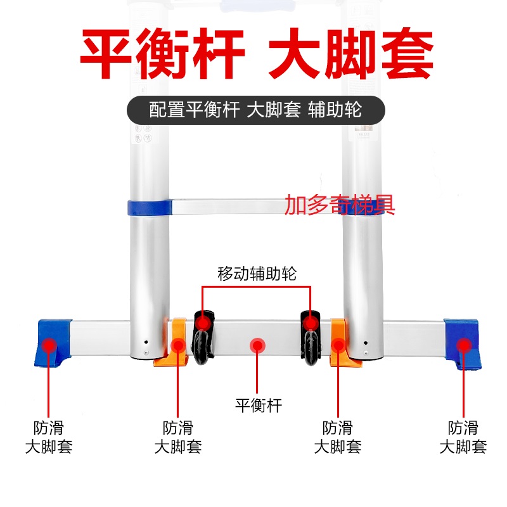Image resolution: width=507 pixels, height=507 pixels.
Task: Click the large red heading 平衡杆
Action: point(162,54)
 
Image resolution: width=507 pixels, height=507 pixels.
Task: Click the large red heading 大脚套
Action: point(351,54)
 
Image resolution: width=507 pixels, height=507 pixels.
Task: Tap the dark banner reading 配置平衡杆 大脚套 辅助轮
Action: point(256,110)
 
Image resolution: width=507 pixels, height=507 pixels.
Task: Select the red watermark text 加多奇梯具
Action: point(340,205)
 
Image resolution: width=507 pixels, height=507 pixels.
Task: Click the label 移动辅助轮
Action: point(257,274)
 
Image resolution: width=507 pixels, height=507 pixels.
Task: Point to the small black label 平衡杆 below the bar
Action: point(259,406)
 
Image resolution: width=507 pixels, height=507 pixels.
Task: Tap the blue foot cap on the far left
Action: point(53,343)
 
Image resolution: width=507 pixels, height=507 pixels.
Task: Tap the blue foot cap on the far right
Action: point(463,344)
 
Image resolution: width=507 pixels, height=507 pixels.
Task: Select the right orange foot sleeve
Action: point(343,343)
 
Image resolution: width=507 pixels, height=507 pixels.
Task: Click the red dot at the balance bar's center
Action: point(257,345)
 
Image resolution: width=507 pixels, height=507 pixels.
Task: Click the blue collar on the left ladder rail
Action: point(150,208)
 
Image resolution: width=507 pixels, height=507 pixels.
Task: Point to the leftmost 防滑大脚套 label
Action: point(49,437)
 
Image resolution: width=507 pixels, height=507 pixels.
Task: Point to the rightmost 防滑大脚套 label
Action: point(463,437)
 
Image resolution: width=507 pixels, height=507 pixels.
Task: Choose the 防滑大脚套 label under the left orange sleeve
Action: point(178,437)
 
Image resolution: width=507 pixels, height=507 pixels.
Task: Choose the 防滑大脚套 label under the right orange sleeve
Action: point(338,437)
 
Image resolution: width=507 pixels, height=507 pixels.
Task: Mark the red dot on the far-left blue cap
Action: point(49,345)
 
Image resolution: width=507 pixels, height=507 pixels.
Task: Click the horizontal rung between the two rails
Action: point(257,207)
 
